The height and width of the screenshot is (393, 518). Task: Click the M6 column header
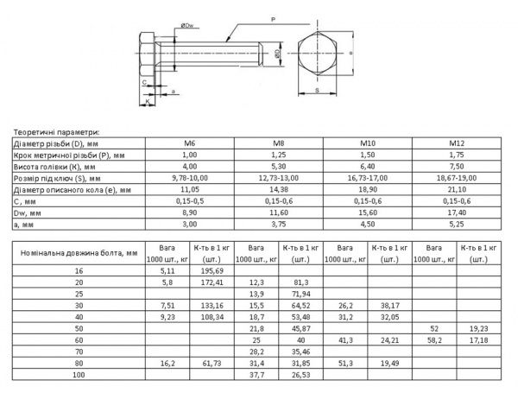190,143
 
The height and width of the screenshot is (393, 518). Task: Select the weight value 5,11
168,270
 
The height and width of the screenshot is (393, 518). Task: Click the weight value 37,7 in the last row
256,376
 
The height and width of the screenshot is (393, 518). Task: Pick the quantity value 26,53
301,376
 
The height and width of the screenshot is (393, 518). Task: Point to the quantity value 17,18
478,341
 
